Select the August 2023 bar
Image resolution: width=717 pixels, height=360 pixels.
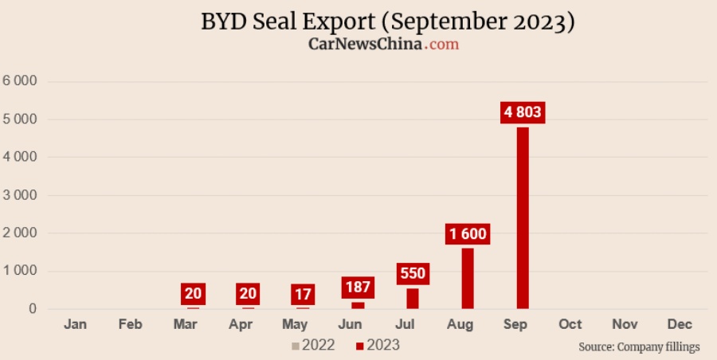(468, 278)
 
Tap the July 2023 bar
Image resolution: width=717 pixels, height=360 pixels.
(413, 298)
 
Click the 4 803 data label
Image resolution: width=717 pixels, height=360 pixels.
(523, 112)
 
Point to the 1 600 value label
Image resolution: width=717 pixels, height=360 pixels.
(468, 234)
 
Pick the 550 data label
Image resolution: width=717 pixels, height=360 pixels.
(413, 274)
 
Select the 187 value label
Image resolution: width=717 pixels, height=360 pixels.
(358, 288)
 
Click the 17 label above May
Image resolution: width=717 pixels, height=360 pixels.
(304, 294)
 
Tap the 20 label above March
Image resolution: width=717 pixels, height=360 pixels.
(193, 294)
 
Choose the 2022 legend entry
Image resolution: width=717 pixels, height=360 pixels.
(313, 345)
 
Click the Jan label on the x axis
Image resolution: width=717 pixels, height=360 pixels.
(75, 324)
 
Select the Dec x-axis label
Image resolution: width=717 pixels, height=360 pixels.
(680, 324)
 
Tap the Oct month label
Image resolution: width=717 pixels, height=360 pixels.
(570, 324)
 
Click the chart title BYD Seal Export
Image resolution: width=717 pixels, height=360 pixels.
(388, 22)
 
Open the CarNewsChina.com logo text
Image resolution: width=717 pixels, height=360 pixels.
(384, 45)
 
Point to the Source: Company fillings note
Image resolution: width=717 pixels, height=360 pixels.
(639, 346)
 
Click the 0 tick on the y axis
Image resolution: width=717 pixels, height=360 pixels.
(33, 309)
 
